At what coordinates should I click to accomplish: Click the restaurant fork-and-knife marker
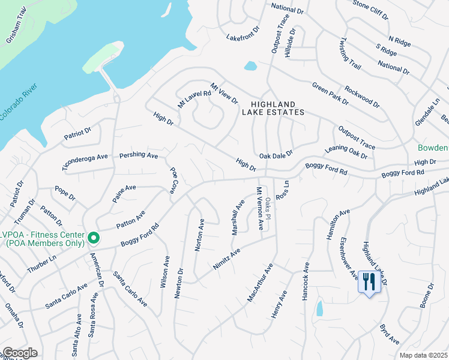click(368, 280)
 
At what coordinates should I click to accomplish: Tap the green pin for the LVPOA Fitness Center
click(94, 239)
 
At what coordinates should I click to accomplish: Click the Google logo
click(20, 353)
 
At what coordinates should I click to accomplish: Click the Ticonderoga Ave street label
click(84, 160)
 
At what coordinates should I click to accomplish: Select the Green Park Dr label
click(330, 94)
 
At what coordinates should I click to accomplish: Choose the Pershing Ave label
click(138, 155)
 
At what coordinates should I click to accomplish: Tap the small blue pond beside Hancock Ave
click(319, 308)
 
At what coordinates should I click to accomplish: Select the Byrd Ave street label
click(389, 334)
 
